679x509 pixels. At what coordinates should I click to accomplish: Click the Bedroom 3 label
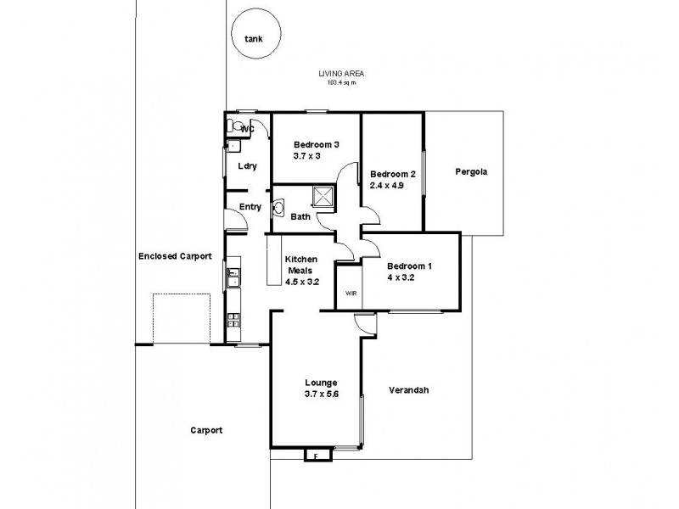(316, 145)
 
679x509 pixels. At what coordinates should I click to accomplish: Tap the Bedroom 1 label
(410, 266)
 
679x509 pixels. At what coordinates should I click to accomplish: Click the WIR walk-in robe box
(349, 293)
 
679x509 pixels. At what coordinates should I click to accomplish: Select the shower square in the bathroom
(323, 197)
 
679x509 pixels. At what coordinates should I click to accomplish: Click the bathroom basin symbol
(278, 207)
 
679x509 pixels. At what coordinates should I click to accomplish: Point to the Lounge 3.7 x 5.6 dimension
(309, 393)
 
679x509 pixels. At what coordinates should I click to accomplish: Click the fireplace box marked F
(316, 456)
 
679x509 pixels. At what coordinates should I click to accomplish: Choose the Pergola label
(470, 171)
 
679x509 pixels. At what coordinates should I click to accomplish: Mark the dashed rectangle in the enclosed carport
(182, 318)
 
